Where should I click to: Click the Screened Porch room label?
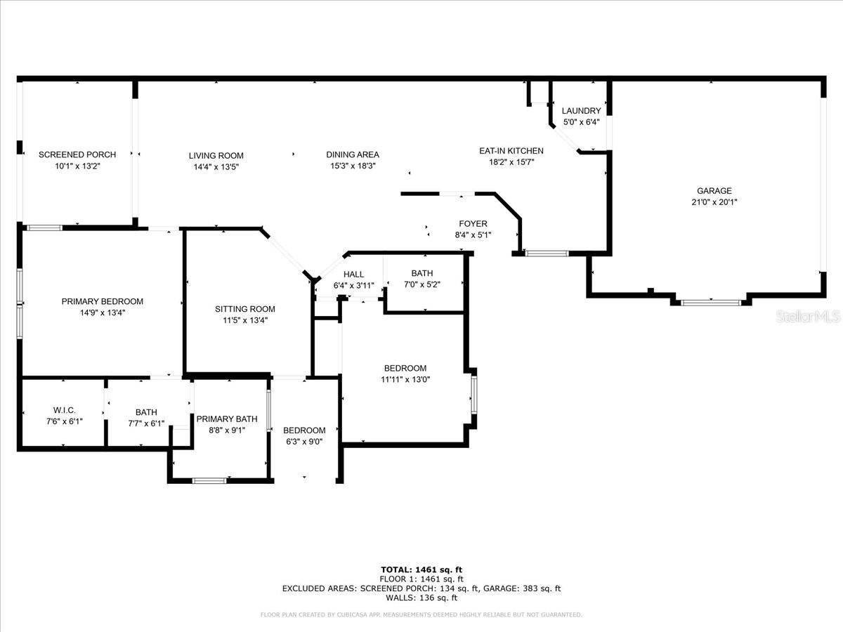(77, 154)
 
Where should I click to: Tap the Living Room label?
(216, 155)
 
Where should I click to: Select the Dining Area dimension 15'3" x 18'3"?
(353, 166)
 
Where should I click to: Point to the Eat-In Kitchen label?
(511, 151)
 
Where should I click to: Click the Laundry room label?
(581, 111)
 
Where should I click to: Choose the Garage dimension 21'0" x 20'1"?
(714, 202)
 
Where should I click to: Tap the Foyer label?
(473, 224)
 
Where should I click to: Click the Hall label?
(353, 275)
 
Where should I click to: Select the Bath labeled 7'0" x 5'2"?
(422, 273)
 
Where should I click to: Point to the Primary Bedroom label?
(102, 302)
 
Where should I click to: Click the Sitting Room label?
(245, 309)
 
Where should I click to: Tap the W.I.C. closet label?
(64, 410)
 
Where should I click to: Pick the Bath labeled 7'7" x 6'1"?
(146, 412)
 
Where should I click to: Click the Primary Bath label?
(227, 419)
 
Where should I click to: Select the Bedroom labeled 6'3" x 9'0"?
(304, 430)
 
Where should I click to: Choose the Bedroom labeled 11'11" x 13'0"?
(405, 369)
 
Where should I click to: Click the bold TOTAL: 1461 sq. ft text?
(421, 570)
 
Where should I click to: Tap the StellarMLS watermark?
(808, 316)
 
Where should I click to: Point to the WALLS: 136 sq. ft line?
(421, 598)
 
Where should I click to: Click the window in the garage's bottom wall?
(711, 303)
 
